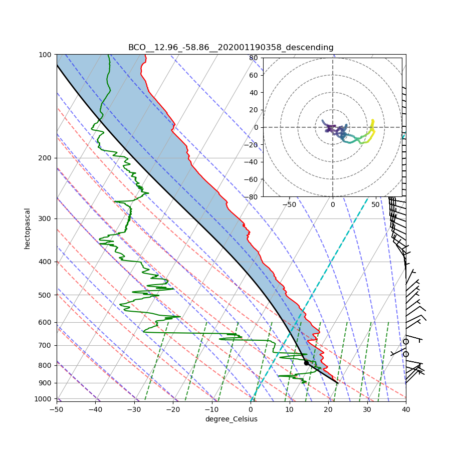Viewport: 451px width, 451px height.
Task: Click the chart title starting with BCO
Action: pos(231,48)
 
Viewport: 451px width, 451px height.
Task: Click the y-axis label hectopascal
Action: pos(27,229)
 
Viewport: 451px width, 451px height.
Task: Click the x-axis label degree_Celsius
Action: pos(231,419)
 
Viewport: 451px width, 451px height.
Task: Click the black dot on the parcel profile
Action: pos(306,363)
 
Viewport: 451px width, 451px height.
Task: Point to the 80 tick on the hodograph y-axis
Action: pos(254,58)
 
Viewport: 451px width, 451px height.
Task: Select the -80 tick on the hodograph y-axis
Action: pos(253,197)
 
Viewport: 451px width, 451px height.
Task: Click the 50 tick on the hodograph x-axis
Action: pos(375,204)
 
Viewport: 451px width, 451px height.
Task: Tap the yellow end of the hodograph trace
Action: pos(373,120)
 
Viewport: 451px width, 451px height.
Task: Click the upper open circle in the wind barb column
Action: pos(406,342)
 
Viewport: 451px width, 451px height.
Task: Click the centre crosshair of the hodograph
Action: pos(332,127)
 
